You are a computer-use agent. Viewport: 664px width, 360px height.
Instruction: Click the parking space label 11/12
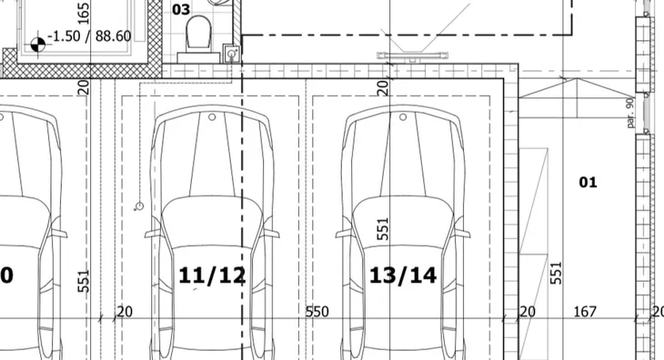[212, 275]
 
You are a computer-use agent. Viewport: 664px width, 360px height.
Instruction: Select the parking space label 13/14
[403, 275]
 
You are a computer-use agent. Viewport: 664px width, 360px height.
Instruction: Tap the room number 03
[181, 9]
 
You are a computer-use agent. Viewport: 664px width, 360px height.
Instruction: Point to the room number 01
[588, 183]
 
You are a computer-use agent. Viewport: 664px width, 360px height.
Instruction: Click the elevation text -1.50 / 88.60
[89, 36]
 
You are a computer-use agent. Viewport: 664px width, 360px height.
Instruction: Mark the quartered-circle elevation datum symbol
[37, 45]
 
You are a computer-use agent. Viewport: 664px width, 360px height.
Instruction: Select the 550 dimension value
[317, 312]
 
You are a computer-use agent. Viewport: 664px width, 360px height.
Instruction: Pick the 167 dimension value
[585, 312]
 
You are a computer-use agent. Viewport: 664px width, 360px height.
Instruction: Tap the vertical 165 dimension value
[84, 14]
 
